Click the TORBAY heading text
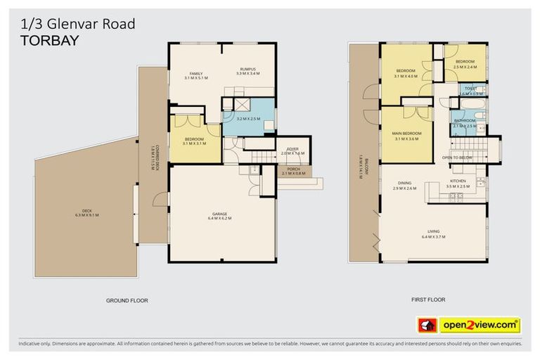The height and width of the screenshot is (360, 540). (x=49, y=40)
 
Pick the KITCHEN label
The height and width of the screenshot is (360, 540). (x=458, y=184)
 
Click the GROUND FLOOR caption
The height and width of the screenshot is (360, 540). (x=127, y=300)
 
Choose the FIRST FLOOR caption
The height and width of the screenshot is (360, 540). (x=428, y=300)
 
